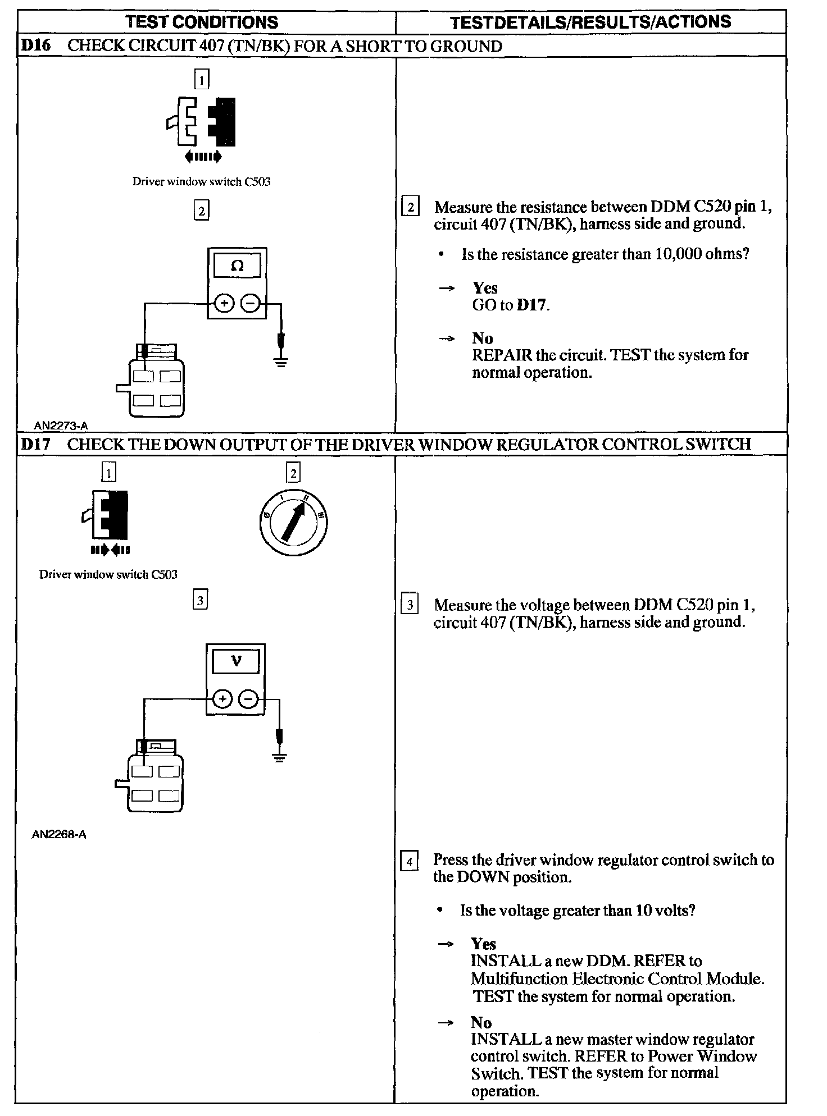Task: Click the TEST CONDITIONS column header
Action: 202,22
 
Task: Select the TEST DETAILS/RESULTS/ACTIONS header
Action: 590,22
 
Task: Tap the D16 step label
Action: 35,45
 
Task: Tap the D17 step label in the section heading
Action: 35,444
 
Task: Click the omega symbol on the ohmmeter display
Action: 237,266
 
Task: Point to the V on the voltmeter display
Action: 236,661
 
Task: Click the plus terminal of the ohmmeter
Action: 224,304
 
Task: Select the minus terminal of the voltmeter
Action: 248,699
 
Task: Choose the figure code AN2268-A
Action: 59,834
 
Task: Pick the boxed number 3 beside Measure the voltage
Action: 410,605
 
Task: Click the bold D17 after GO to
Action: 531,305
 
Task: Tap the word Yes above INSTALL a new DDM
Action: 484,944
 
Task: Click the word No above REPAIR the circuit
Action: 483,338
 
